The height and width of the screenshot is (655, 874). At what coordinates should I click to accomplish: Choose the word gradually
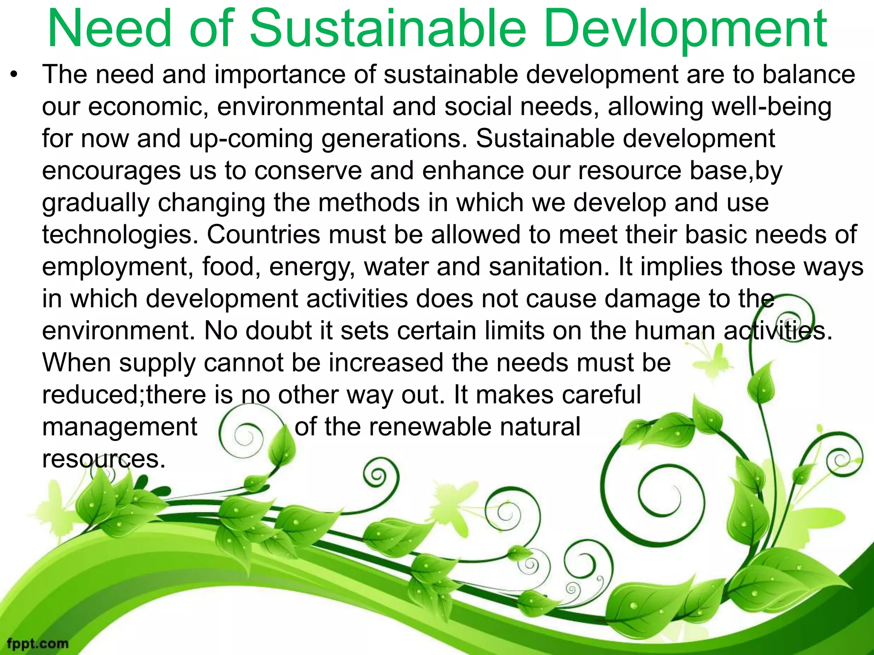pos(96,203)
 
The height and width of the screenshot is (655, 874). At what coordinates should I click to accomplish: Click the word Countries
pos(263,235)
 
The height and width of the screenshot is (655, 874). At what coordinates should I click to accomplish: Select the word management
pos(120,427)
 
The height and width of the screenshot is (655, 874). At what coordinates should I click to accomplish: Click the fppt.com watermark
pos(38,643)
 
